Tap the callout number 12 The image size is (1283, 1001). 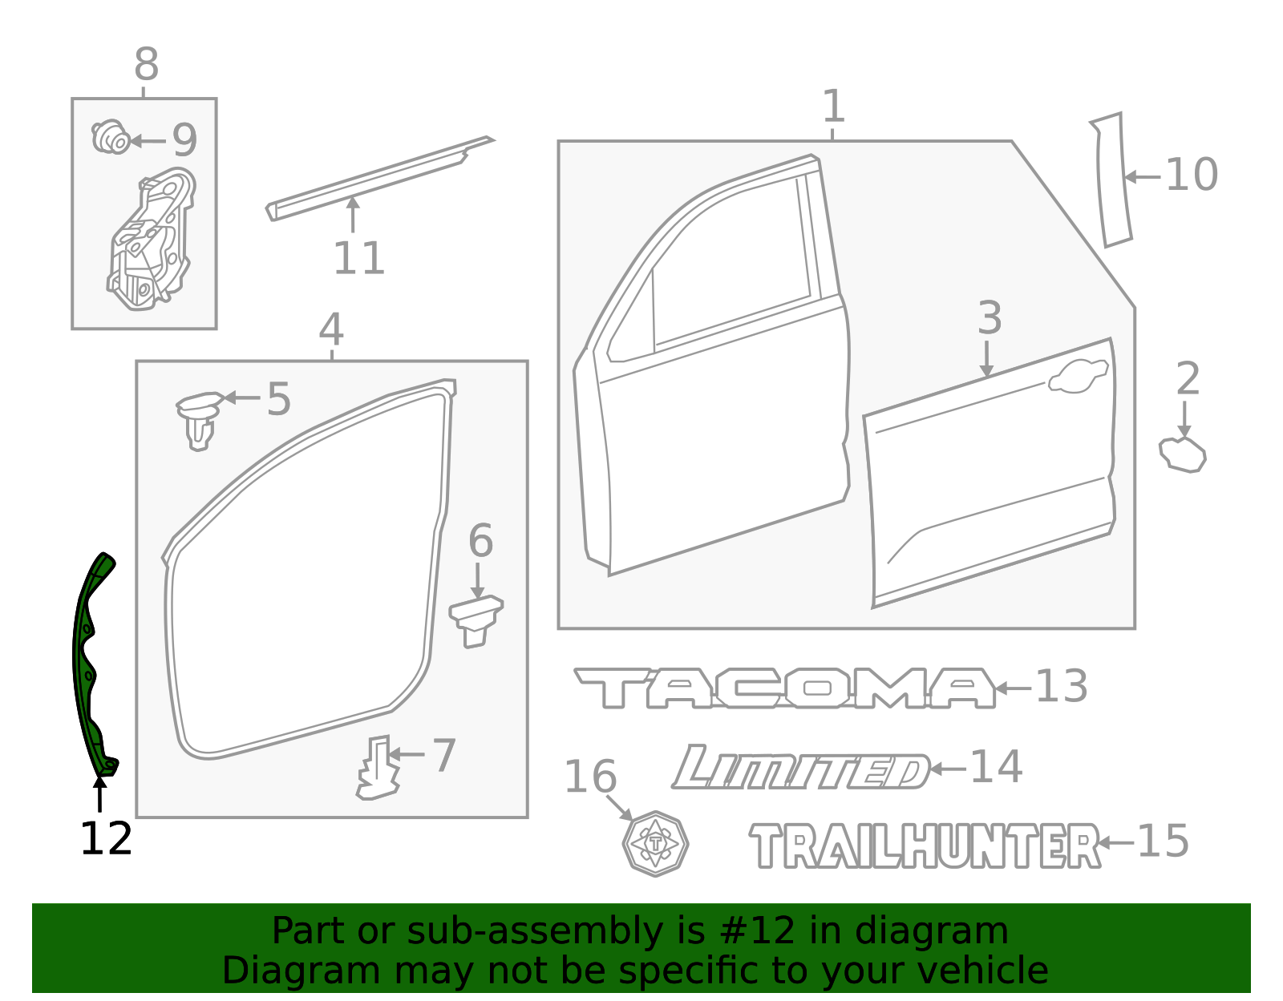[106, 838]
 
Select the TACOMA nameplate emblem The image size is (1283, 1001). [785, 688]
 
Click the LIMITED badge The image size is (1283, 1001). [800, 768]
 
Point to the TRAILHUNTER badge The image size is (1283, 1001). [925, 846]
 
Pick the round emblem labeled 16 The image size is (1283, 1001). [655, 843]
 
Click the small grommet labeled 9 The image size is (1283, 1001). [111, 137]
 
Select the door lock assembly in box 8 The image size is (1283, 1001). [151, 239]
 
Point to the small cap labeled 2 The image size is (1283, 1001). [1182, 454]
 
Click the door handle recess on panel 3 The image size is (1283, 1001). [1079, 376]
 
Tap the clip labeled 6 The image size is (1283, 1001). [476, 620]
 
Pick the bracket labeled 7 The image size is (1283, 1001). [378, 768]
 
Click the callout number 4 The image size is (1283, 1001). [331, 329]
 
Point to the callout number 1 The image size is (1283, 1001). [833, 106]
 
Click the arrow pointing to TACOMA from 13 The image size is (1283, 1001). [1014, 688]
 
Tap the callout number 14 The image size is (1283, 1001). [996, 767]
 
